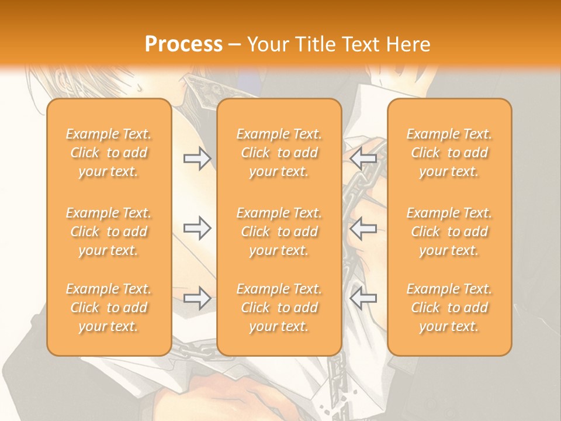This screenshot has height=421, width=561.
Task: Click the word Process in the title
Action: tap(183, 44)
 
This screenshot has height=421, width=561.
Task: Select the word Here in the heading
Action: tap(407, 44)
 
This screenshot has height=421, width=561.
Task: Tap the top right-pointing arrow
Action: tap(197, 158)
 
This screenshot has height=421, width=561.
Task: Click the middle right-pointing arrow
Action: tap(197, 228)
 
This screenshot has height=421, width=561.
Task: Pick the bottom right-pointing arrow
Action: tap(197, 298)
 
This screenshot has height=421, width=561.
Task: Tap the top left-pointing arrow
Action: tap(363, 158)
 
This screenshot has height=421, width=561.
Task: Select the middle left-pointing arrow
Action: tap(363, 228)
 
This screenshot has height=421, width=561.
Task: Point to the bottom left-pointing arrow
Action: tap(363, 298)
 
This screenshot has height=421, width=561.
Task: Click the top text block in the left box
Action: tap(109, 153)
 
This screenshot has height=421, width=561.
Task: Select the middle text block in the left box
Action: tap(109, 232)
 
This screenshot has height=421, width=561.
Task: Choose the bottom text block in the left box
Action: tap(109, 308)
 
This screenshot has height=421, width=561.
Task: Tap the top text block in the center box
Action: tap(279, 153)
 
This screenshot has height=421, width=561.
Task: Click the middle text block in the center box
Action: tap(279, 232)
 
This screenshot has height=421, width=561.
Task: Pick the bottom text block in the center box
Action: tap(279, 308)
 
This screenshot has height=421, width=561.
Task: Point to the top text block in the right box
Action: tap(449, 153)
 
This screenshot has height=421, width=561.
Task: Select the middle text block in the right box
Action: tap(449, 232)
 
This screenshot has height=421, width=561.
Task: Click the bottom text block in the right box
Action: tap(449, 308)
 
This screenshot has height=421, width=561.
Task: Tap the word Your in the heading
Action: tap(266, 44)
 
